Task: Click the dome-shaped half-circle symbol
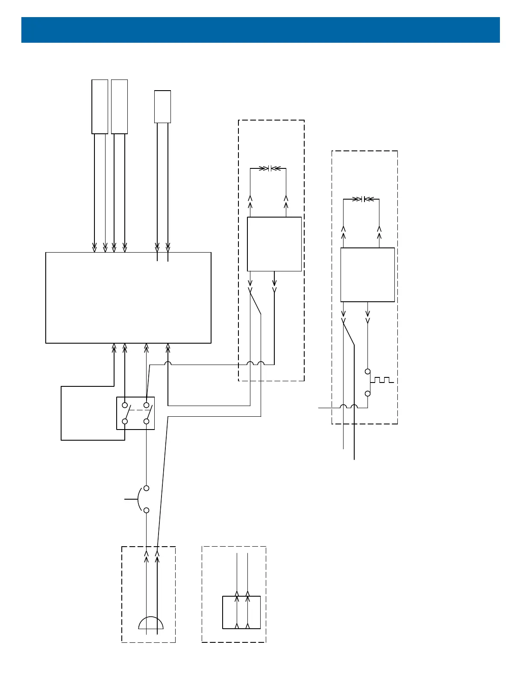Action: (151, 624)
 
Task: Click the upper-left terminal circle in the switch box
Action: (125, 405)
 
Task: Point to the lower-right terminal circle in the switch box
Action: (147, 421)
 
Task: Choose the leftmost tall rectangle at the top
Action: (100, 106)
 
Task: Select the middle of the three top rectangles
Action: (119, 106)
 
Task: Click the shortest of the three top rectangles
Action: (162, 107)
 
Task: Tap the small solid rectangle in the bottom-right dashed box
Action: (241, 612)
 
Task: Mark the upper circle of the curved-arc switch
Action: (147, 488)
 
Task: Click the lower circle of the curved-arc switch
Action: (147, 510)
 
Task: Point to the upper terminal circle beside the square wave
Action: (367, 371)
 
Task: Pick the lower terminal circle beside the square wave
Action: (367, 393)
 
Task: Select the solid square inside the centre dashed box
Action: (274, 244)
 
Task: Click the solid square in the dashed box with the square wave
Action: (367, 275)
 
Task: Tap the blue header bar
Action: (261, 30)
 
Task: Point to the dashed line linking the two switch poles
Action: (136, 410)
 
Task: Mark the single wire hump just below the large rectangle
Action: (168, 364)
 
